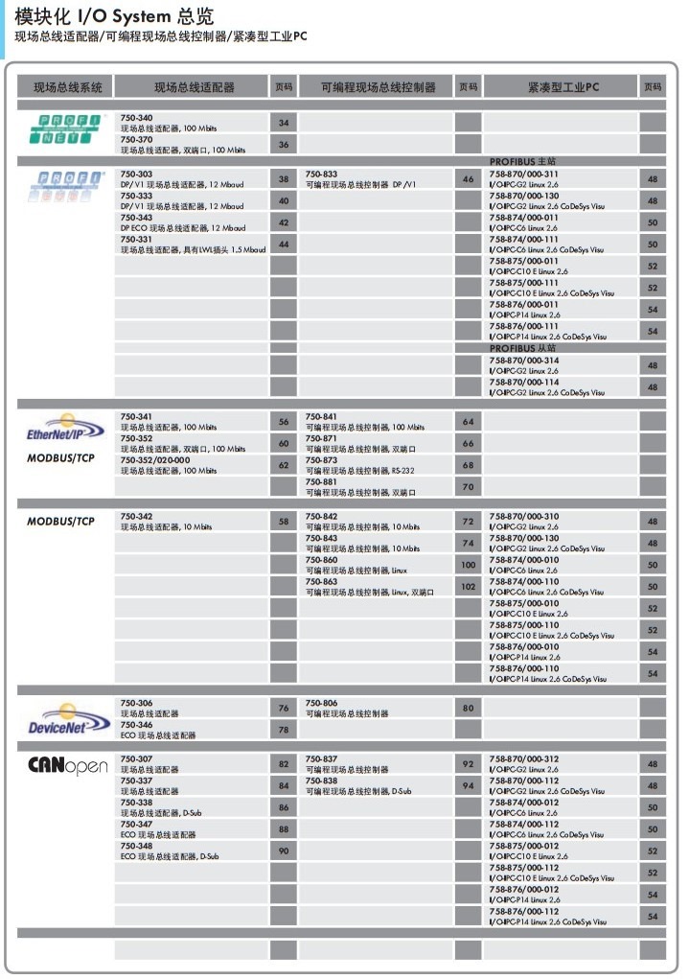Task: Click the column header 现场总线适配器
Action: point(194,87)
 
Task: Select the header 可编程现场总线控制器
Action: point(379,87)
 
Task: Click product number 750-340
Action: point(136,118)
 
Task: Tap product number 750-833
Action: point(321,174)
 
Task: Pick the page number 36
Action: point(284,145)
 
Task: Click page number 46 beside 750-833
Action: point(468,179)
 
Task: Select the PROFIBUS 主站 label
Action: point(522,162)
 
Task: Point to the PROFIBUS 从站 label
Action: point(522,348)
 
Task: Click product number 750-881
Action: point(321,482)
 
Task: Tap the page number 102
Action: point(468,586)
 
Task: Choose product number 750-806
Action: point(321,703)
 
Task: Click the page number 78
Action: point(284,730)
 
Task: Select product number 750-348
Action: point(136,847)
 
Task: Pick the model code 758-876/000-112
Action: point(524,912)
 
